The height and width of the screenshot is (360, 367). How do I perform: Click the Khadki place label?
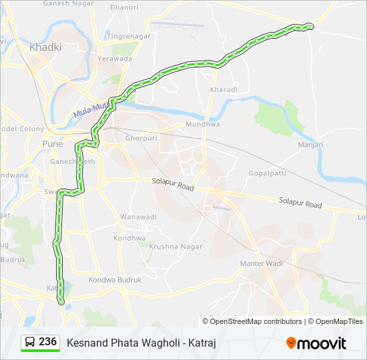pyautogui.click(x=45, y=47)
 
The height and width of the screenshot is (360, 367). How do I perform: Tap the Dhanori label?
pyautogui.click(x=125, y=8)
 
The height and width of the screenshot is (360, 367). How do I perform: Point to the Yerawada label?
pyautogui.click(x=115, y=59)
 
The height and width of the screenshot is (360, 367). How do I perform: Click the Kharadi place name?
pyautogui.click(x=224, y=89)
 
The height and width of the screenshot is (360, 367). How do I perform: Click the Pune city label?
pyautogui.click(x=52, y=144)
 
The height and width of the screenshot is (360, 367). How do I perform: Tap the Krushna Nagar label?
pyautogui.click(x=167, y=247)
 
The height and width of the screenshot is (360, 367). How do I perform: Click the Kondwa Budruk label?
pyautogui.click(x=115, y=281)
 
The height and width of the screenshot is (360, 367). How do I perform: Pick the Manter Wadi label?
pyautogui.click(x=261, y=264)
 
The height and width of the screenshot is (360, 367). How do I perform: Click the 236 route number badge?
pyautogui.click(x=47, y=342)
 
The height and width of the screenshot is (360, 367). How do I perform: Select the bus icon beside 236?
pyautogui.click(x=30, y=343)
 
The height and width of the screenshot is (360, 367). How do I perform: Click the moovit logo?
pyautogui.click(x=316, y=343)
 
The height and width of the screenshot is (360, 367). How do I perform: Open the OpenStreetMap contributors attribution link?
pyautogui.click(x=256, y=321)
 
